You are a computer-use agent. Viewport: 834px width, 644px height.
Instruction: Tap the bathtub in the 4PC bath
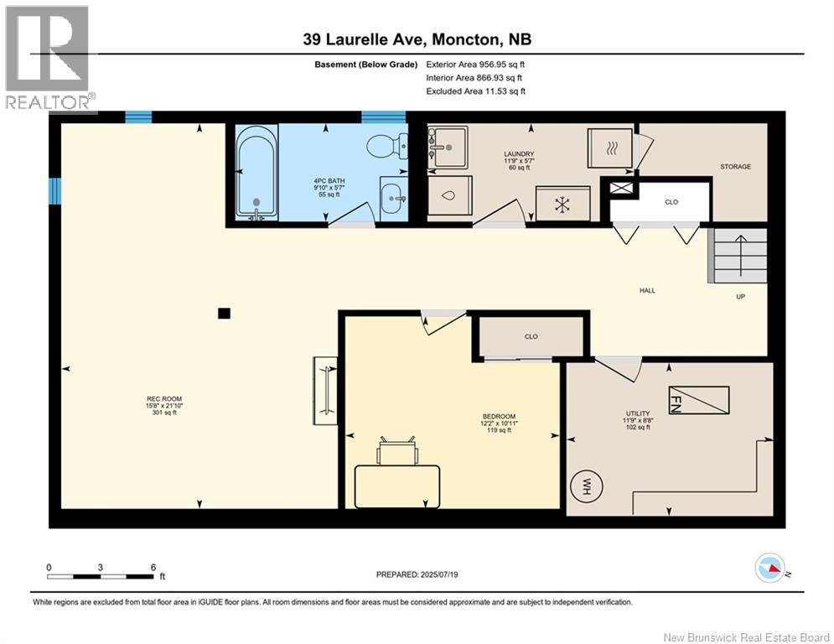coord(256,173)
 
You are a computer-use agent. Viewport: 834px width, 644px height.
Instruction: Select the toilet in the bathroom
coord(386,147)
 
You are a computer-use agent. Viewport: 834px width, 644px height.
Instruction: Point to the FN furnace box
coord(698,399)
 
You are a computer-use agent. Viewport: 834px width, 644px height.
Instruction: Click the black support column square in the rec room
coord(223,314)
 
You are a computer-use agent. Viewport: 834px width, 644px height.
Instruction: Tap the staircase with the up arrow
coord(738,255)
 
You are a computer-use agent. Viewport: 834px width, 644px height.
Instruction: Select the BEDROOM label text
coord(498,417)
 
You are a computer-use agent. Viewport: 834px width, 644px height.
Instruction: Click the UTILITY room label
coord(638,413)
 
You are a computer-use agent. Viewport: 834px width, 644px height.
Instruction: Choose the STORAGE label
coord(735,167)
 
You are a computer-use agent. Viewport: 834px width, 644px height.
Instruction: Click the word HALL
coord(647,291)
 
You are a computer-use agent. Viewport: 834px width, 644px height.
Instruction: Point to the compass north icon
coord(771,569)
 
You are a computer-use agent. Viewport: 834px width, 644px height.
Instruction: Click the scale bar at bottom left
coord(101,576)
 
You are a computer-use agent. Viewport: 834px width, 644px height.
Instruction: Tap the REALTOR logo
coord(49,57)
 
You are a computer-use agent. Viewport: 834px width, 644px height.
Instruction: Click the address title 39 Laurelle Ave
coord(417,39)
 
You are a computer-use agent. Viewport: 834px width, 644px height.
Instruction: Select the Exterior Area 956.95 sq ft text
coord(475,64)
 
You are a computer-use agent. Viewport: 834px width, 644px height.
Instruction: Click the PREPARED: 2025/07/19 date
coord(417,574)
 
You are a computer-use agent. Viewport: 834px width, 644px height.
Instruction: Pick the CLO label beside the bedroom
coord(531,336)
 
